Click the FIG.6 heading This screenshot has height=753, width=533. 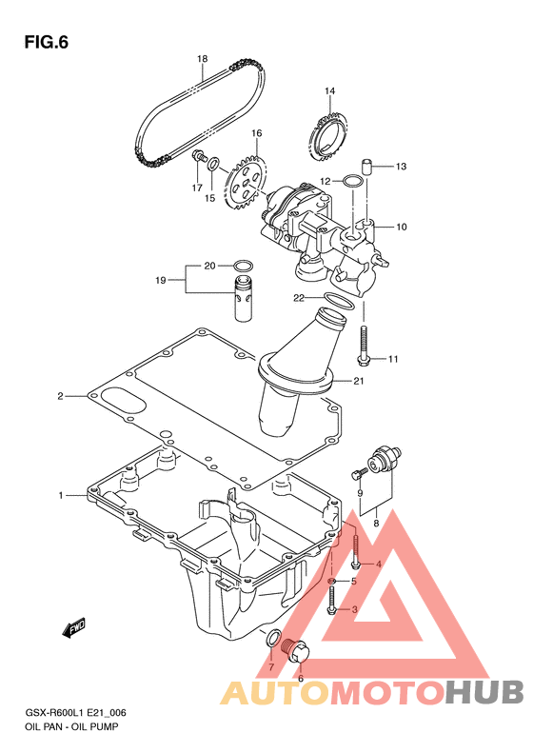(46, 42)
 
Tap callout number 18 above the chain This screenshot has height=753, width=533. (202, 59)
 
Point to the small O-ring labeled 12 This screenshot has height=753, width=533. (353, 182)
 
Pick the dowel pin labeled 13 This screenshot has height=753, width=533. (367, 167)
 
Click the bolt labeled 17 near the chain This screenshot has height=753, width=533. (198, 155)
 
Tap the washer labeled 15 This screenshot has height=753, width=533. (213, 165)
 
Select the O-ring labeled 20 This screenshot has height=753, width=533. (243, 266)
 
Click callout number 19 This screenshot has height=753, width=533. (161, 280)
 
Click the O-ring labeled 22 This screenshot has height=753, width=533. (340, 301)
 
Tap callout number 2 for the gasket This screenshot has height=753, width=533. (61, 396)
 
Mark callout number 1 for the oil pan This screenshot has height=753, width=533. (61, 495)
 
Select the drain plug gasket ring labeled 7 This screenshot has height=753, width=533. (272, 637)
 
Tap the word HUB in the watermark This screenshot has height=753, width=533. (484, 692)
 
